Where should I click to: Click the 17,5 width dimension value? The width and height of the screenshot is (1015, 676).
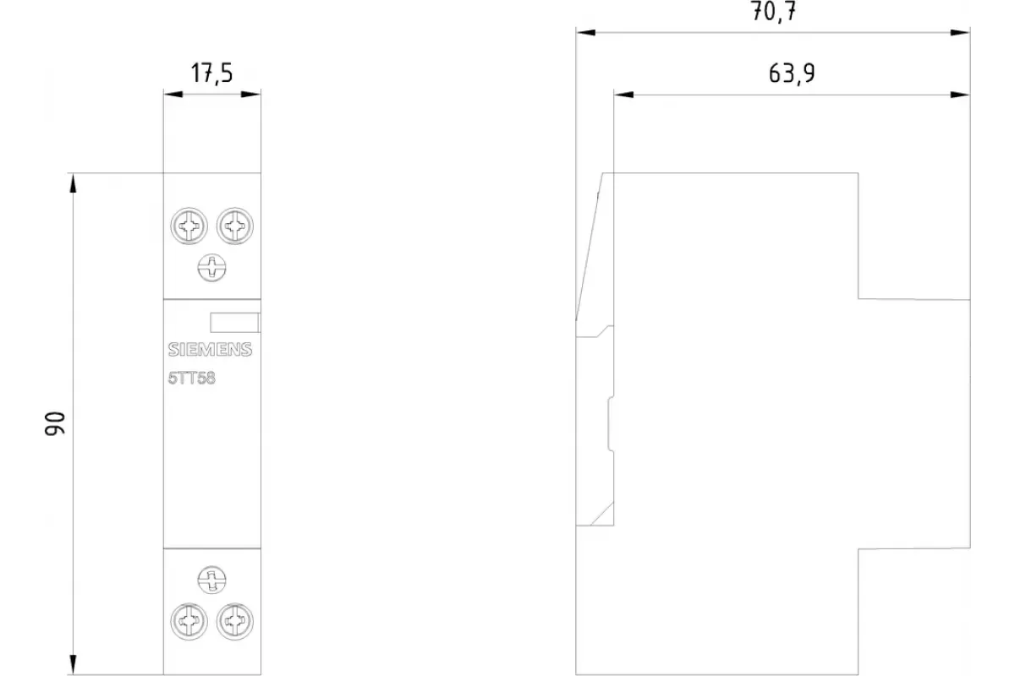tap(211, 73)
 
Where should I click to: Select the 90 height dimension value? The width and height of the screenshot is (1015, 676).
tap(55, 423)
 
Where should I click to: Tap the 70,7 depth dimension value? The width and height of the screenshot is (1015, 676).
tap(773, 11)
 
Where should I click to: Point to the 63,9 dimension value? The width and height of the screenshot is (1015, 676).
tap(792, 74)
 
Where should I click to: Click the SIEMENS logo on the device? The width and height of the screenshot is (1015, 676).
tap(210, 350)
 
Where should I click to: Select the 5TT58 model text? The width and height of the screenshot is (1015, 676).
tap(192, 378)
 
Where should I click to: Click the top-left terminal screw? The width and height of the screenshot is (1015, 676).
tap(189, 226)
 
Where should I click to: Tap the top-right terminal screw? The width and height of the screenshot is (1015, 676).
tap(235, 226)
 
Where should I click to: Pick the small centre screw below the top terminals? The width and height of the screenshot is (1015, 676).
tap(211, 268)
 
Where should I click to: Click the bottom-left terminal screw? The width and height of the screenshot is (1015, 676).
tap(189, 621)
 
